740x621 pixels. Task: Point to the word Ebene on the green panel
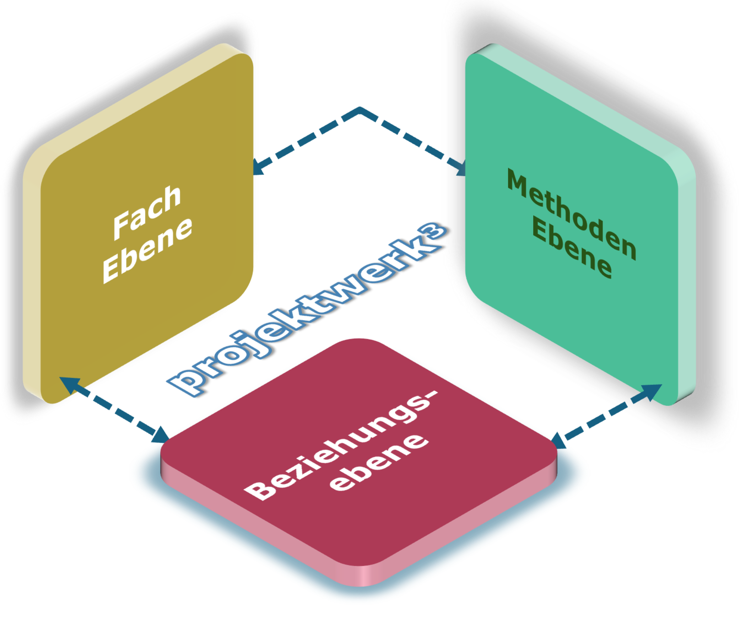pos(572,250)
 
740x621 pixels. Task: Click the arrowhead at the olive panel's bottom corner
pos(67,382)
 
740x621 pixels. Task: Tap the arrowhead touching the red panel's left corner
pos(162,435)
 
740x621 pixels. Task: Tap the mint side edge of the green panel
pos(686,275)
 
